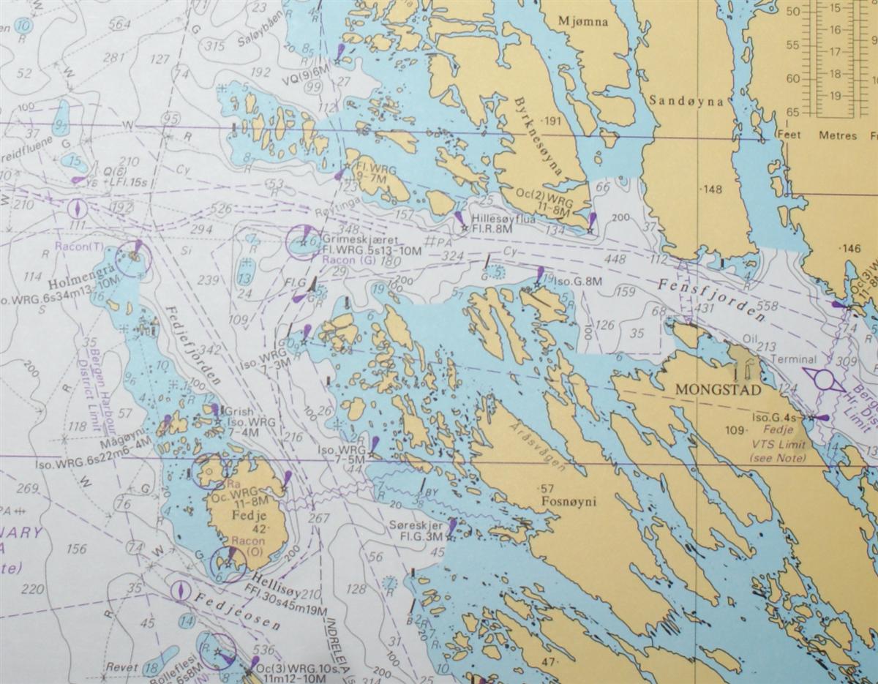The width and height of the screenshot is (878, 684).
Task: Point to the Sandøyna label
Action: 686,102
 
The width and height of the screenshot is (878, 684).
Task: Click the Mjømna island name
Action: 582,22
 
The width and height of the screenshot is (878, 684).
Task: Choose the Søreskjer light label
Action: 419,526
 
